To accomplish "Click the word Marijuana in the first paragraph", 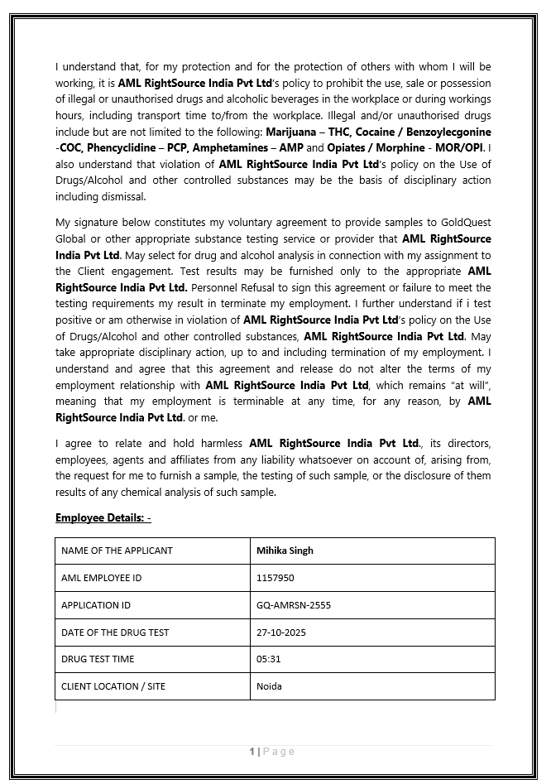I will click(x=293, y=132).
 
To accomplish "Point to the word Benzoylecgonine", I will click(x=445, y=132).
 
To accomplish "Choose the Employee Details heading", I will click(x=103, y=517).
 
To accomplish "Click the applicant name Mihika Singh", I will click(x=285, y=551).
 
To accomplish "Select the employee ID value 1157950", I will click(x=275, y=578).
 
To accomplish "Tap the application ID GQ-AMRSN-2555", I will click(x=294, y=605).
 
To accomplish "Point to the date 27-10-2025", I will click(x=281, y=632).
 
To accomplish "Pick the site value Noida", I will click(x=269, y=686).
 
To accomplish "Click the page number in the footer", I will click(x=252, y=752).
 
